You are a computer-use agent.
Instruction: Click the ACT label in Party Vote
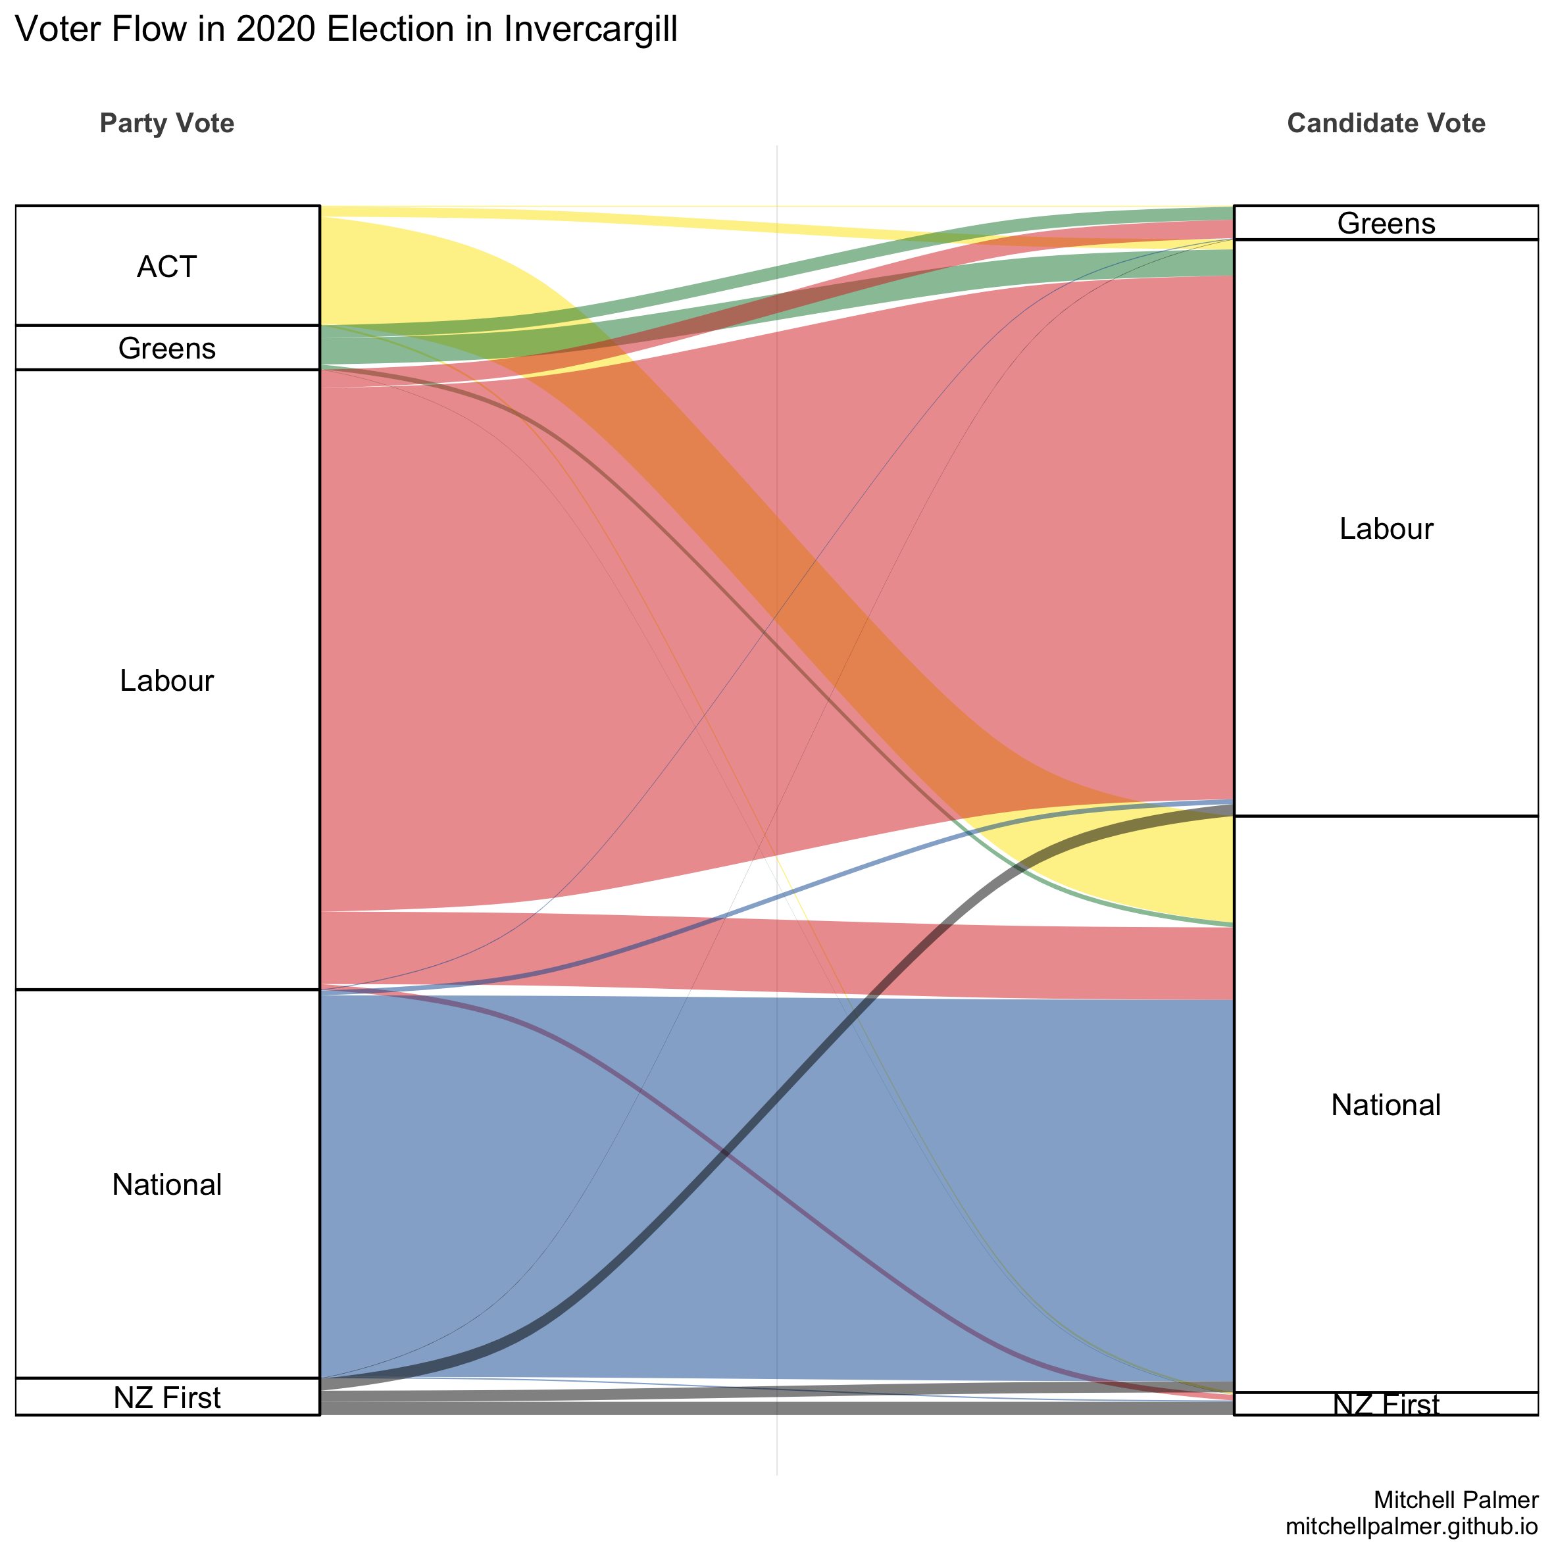[166, 266]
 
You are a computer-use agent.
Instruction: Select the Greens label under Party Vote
[166, 348]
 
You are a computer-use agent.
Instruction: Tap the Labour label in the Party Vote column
[166, 680]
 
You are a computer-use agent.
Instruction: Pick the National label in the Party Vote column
[166, 1184]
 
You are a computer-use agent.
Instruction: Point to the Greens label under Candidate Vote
[1385, 223]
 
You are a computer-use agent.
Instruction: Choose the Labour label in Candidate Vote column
[1385, 528]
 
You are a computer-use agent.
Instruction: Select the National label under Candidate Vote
[1385, 1105]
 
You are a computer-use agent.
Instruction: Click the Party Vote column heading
[166, 123]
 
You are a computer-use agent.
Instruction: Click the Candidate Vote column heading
[1385, 123]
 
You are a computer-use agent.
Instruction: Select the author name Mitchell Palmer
[1456, 1499]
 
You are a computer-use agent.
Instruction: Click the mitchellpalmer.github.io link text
[1412, 1526]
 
